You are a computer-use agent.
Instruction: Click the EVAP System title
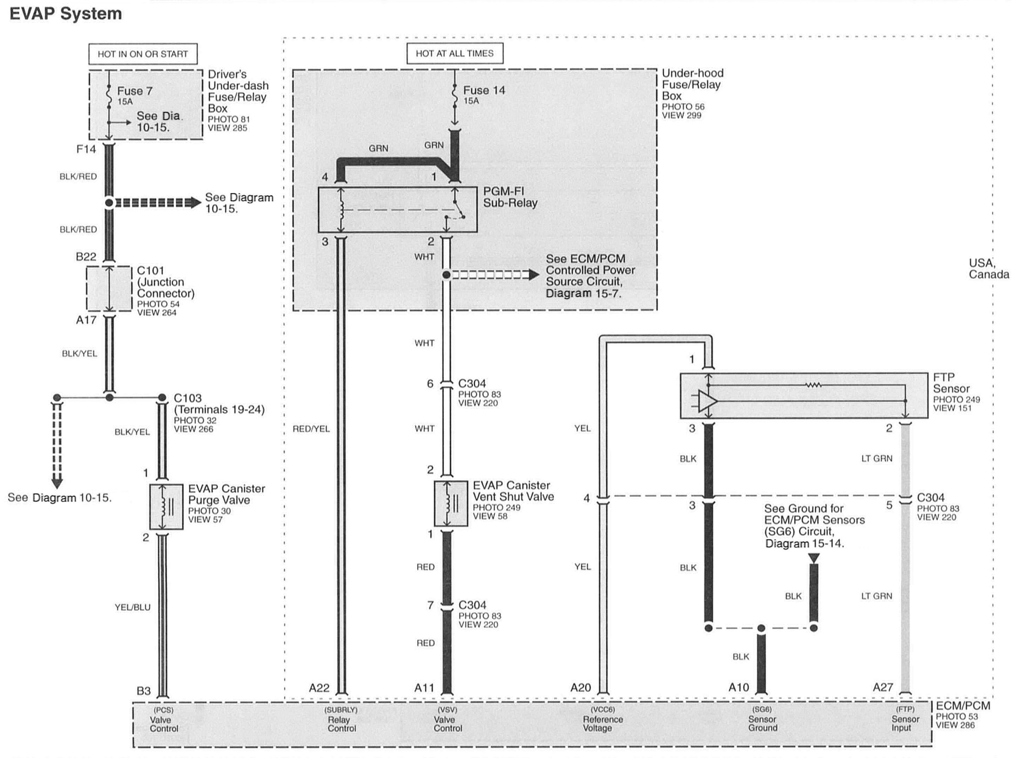[66, 14]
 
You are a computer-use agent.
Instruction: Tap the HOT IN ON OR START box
[143, 54]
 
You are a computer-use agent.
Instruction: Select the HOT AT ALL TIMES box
[454, 54]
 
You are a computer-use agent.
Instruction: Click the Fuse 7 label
[134, 91]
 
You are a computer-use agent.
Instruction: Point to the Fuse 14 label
[484, 90]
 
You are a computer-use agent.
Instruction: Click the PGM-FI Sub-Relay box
[397, 209]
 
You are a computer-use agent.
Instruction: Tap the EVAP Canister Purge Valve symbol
[166, 506]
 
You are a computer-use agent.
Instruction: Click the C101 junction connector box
[109, 289]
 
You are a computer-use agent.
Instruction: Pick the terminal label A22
[319, 688]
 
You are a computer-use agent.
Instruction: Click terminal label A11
[424, 688]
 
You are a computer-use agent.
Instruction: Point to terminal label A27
[883, 687]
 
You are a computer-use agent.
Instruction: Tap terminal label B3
[144, 691]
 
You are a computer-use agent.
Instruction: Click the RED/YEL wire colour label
[311, 429]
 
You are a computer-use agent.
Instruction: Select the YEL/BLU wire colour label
[132, 607]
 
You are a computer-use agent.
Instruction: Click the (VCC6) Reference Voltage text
[603, 719]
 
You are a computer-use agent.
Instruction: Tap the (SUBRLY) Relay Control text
[341, 719]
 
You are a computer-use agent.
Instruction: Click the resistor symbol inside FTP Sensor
[813, 385]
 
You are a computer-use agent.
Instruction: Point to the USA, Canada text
[989, 269]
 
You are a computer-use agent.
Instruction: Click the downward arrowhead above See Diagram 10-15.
[57, 483]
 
